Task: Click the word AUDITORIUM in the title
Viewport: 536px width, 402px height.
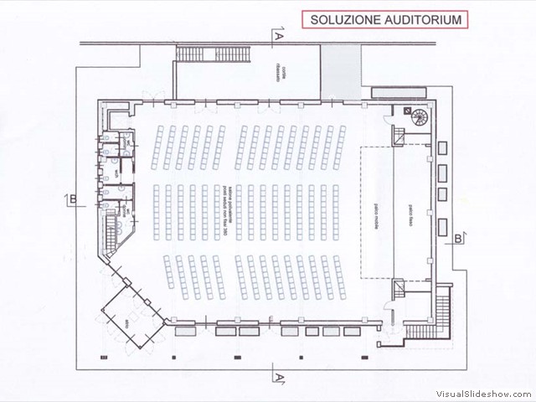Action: (423, 19)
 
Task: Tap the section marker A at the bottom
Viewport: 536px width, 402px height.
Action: (277, 378)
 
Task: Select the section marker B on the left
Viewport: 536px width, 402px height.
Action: (74, 198)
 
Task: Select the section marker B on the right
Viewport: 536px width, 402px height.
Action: (458, 240)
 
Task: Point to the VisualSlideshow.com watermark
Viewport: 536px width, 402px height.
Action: (482, 393)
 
